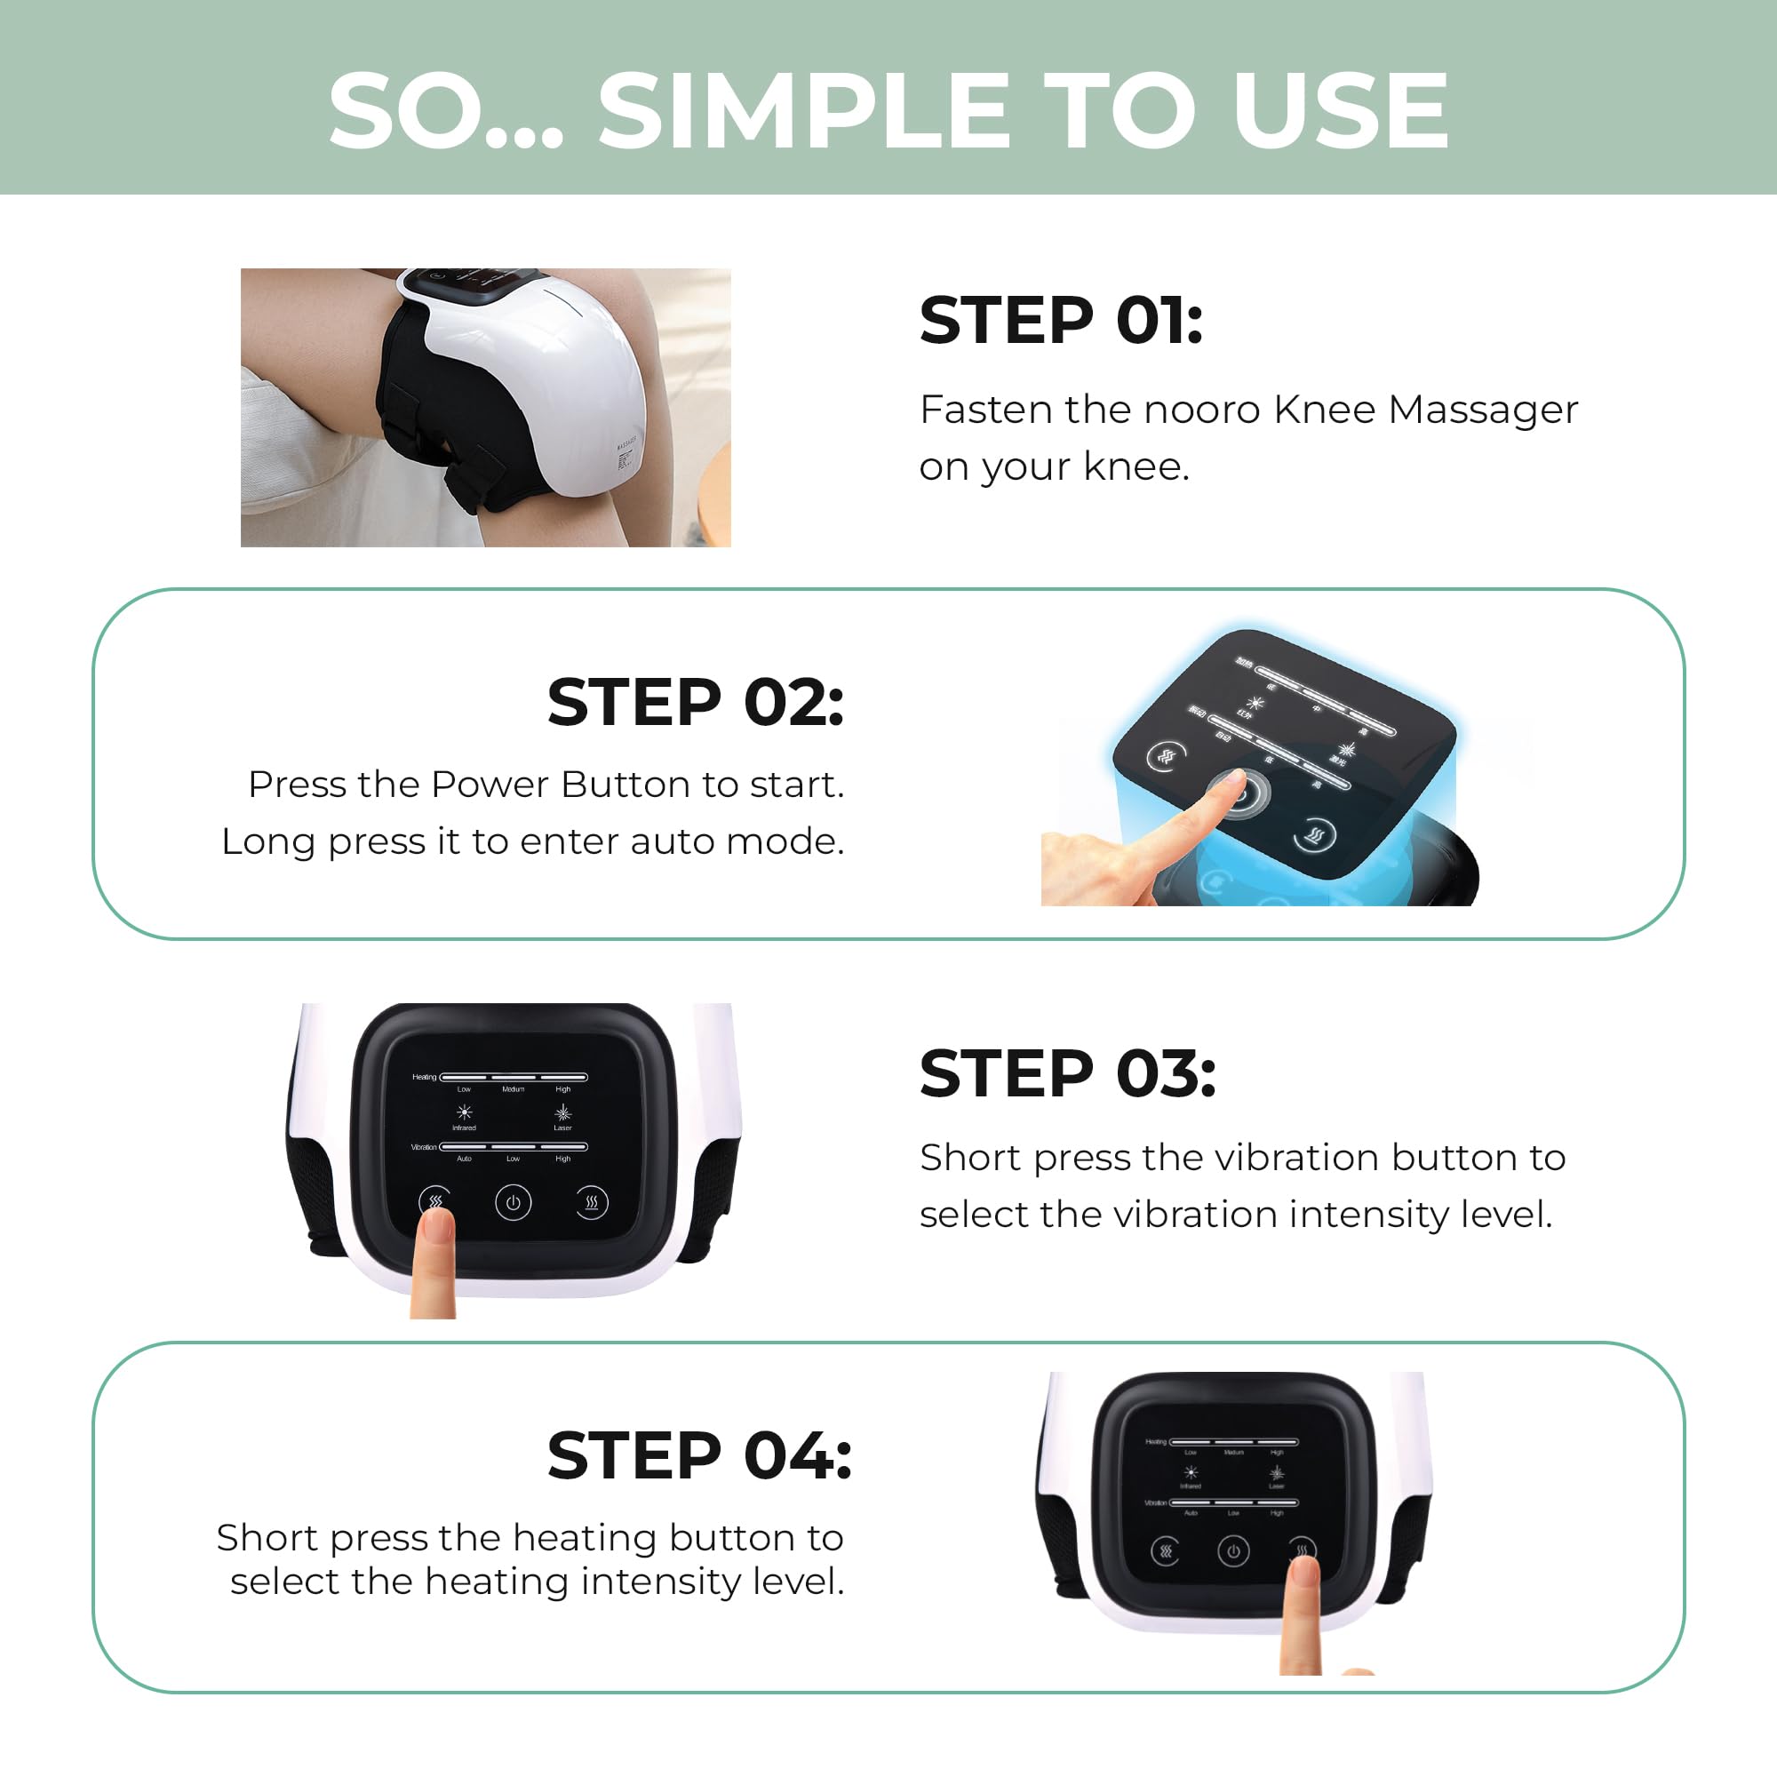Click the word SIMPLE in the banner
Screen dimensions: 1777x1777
click(x=804, y=111)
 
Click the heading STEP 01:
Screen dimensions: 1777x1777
click(x=1061, y=321)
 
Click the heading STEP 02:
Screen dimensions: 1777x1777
click(x=696, y=703)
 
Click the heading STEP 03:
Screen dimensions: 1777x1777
click(x=1067, y=1073)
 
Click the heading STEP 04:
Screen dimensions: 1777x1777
click(x=699, y=1456)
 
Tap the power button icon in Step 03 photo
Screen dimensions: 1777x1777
click(x=514, y=1202)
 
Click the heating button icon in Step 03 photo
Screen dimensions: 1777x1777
click(x=592, y=1202)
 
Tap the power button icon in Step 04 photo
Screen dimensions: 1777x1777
click(x=1233, y=1551)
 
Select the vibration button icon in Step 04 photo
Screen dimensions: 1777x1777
click(x=1166, y=1551)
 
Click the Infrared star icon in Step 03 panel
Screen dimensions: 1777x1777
click(x=465, y=1112)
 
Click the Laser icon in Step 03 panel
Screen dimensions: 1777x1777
click(x=563, y=1113)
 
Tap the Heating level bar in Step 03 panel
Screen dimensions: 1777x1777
click(x=514, y=1077)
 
